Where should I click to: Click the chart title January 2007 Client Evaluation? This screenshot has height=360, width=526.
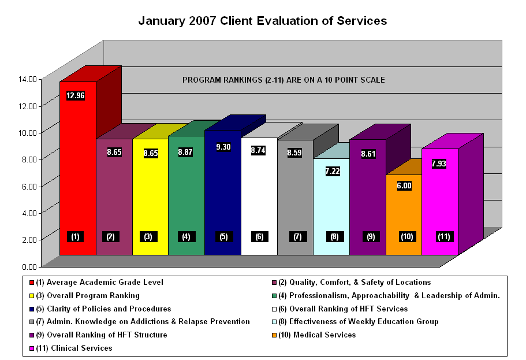point(263,21)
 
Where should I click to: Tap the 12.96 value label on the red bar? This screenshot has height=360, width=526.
point(76,96)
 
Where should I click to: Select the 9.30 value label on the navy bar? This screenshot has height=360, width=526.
point(223,147)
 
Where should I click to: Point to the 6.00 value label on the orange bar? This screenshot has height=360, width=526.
point(404,186)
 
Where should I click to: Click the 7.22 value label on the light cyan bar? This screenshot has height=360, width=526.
point(333,172)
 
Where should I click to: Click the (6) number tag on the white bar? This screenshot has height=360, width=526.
point(260,236)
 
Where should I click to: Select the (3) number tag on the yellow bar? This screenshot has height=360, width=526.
point(149,236)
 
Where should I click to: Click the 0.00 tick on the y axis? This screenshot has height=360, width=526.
point(29,266)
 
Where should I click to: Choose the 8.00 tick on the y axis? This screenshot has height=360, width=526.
point(29,159)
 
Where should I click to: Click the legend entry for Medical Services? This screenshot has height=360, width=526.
point(319,335)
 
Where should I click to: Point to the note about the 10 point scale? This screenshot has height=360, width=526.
point(283,79)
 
